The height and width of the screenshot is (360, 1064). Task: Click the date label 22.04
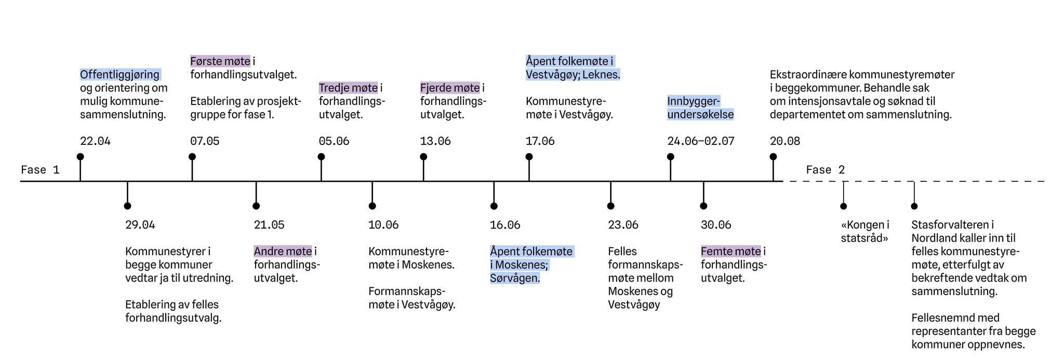(x=95, y=141)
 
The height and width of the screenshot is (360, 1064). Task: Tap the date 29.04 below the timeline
(x=140, y=225)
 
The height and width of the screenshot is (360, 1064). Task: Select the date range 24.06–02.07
(x=701, y=141)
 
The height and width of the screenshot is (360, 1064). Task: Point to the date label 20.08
(x=785, y=141)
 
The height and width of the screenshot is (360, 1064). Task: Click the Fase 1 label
(x=40, y=170)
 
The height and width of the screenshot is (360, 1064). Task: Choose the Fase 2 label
(x=826, y=170)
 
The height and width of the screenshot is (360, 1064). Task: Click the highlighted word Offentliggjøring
(x=120, y=75)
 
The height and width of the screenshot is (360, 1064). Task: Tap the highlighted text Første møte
(x=220, y=61)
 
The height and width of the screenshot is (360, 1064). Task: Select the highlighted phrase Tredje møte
(x=348, y=88)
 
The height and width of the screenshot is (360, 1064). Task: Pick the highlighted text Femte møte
(x=731, y=251)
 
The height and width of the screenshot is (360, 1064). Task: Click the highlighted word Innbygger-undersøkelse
(x=700, y=108)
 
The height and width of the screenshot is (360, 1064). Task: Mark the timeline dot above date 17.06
(x=529, y=157)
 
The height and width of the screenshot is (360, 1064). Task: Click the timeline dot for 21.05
(x=256, y=206)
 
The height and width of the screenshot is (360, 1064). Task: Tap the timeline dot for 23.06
(x=610, y=206)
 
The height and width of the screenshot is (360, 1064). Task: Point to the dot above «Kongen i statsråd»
(x=843, y=206)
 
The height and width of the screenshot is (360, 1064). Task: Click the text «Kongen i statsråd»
(x=865, y=232)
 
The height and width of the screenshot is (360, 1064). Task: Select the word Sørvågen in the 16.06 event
(x=515, y=278)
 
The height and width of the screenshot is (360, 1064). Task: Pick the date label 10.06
(x=383, y=225)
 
